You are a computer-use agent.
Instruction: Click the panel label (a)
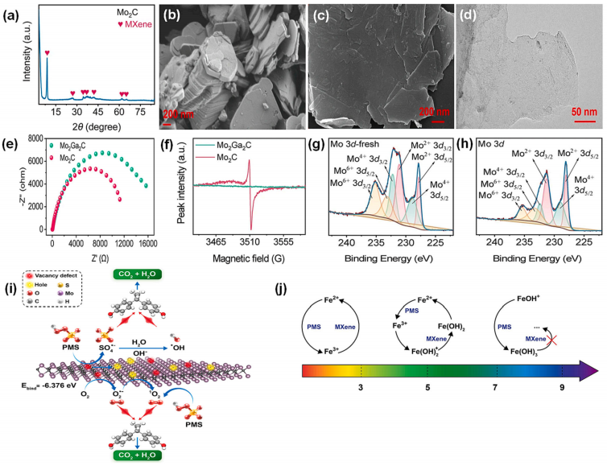point(14,11)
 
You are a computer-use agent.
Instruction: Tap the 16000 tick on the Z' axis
point(147,239)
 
